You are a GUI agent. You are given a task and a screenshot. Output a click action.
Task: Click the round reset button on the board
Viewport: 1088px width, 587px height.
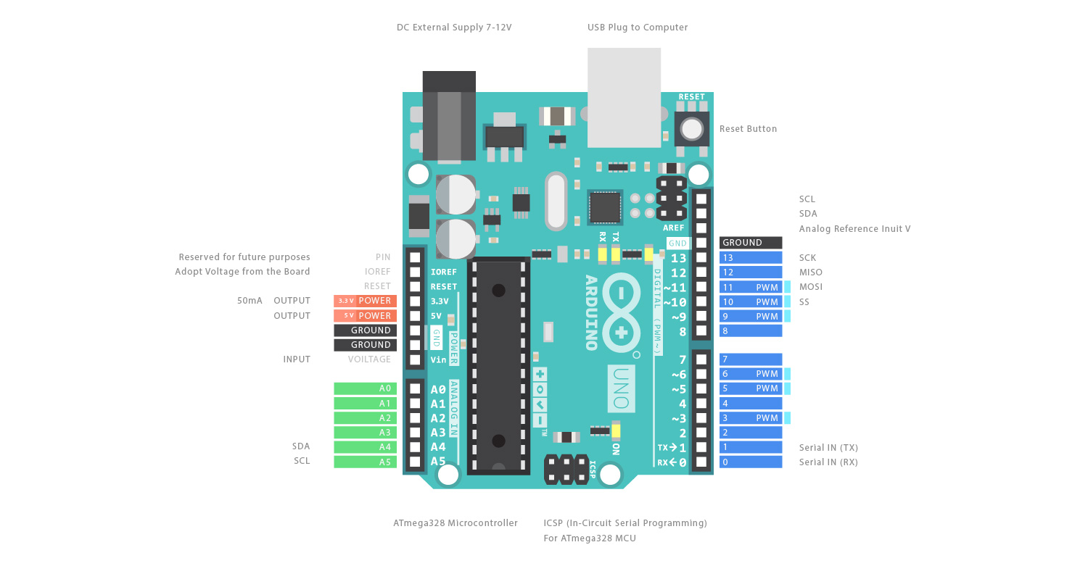point(692,129)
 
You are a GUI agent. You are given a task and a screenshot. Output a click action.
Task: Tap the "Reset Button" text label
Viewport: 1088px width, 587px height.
point(748,129)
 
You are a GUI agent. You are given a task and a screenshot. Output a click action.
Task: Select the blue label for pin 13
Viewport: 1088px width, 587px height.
point(751,258)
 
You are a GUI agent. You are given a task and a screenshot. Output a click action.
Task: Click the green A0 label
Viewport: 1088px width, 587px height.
point(365,388)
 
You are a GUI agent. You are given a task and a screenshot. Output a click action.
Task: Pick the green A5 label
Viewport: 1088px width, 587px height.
point(365,462)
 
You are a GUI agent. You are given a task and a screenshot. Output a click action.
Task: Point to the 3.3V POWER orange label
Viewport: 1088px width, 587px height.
point(365,301)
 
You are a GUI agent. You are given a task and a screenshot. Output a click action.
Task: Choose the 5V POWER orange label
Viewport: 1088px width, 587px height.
point(365,316)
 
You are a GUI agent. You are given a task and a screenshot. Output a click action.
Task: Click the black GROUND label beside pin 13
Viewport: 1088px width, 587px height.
point(751,243)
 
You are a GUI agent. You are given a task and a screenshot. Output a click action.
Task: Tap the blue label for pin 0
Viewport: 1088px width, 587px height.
point(751,462)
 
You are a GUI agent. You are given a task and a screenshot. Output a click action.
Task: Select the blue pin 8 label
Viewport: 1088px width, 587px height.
point(751,330)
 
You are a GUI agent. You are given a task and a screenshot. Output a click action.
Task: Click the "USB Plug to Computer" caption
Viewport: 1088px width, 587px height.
point(638,28)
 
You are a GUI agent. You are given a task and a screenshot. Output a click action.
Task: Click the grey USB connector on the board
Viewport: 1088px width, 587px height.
point(624,98)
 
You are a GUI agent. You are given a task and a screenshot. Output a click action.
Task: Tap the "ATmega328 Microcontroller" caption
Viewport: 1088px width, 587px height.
point(456,523)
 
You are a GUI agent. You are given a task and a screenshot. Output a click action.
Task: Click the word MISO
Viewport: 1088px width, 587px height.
point(811,272)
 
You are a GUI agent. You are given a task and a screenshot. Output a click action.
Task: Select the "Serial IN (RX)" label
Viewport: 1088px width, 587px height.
point(828,462)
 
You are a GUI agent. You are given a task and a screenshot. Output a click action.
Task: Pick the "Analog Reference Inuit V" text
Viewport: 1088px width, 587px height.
point(854,229)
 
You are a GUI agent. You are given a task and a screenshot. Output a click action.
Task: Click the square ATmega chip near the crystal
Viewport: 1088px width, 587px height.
point(605,207)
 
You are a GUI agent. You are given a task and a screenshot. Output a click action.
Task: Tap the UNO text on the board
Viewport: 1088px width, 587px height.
point(621,388)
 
